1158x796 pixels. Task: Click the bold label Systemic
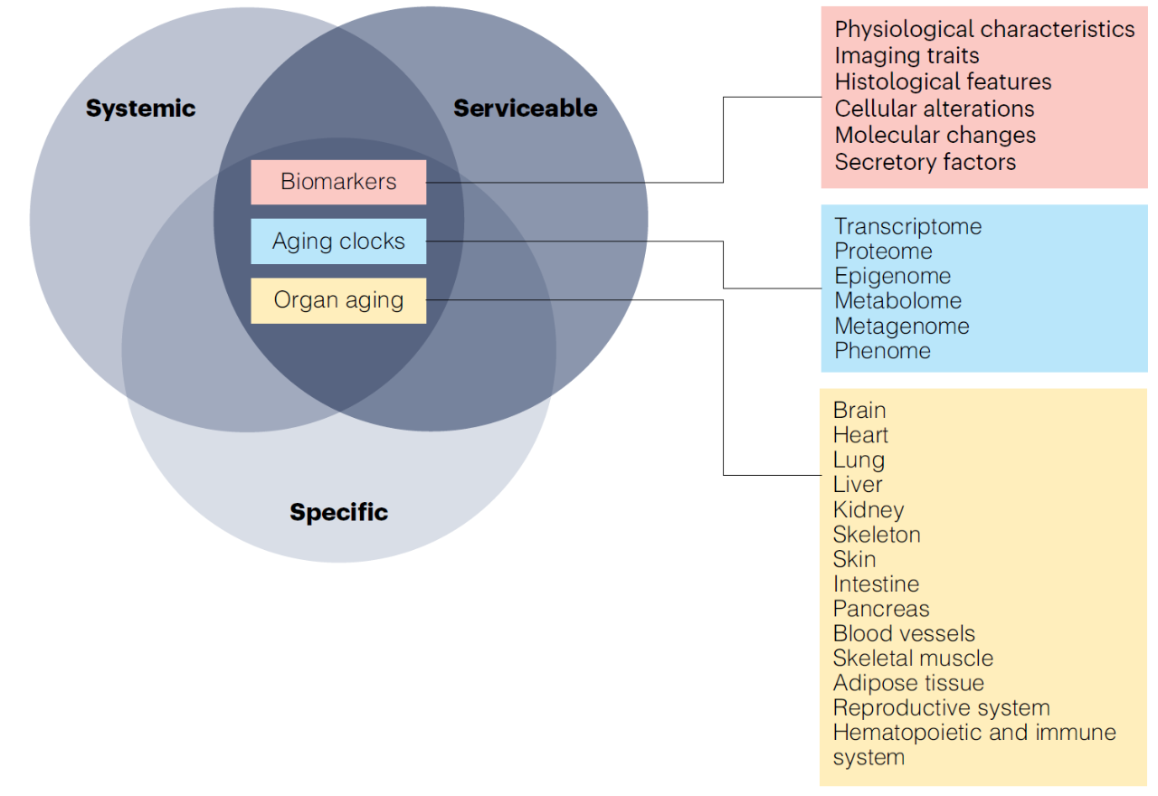click(x=140, y=109)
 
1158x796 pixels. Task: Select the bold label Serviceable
click(x=526, y=109)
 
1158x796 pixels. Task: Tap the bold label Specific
click(x=338, y=512)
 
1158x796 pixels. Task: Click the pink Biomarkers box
click(x=338, y=182)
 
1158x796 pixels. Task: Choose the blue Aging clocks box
click(x=338, y=242)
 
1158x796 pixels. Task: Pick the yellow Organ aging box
click(x=338, y=300)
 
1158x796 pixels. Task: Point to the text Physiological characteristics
click(x=984, y=29)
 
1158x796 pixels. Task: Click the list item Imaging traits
click(x=906, y=56)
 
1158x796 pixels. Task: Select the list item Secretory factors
click(x=925, y=162)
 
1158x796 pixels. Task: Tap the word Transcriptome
click(x=907, y=226)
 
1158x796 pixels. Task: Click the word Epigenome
click(x=893, y=276)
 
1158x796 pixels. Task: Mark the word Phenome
click(x=882, y=351)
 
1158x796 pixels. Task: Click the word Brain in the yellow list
click(x=859, y=411)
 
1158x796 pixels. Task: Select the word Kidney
click(x=868, y=510)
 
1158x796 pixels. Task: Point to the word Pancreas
click(x=881, y=609)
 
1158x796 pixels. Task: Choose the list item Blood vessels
click(x=904, y=634)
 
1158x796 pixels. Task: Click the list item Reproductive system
click(x=941, y=708)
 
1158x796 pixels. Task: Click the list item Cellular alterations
click(x=934, y=109)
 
